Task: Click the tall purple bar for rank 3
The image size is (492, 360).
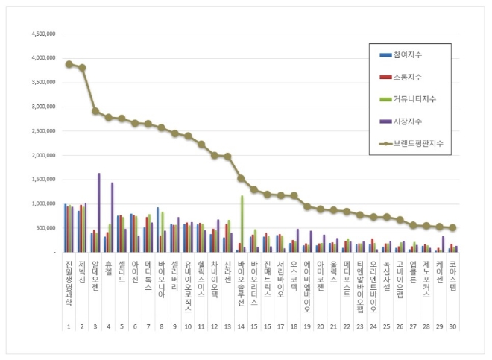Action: click(99, 212)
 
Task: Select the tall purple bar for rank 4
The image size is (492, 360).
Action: click(113, 217)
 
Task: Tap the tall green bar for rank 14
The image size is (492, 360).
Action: click(242, 224)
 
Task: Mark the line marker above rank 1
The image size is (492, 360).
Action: click(69, 64)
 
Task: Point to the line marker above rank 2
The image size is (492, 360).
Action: click(82, 68)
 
